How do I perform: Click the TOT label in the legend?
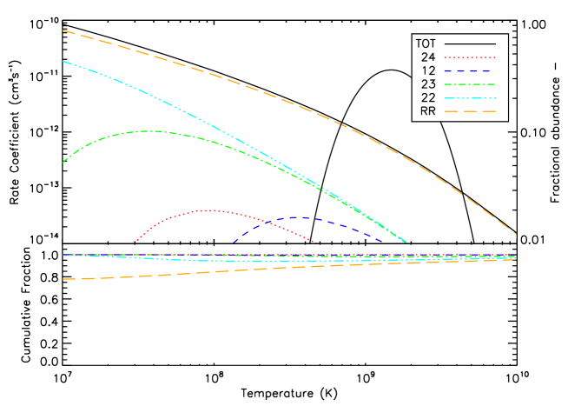(426, 43)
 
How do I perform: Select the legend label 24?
(427, 57)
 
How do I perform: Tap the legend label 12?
(427, 70)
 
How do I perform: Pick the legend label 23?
(427, 84)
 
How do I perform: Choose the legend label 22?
(427, 97)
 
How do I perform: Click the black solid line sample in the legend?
(469, 43)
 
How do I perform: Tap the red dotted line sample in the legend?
(469, 57)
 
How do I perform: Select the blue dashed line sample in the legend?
(469, 70)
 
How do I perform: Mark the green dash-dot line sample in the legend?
(469, 84)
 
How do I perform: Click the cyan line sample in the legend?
(469, 97)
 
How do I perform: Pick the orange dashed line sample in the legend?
(469, 111)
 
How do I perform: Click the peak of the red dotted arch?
(210, 210)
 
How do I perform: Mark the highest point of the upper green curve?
(155, 130)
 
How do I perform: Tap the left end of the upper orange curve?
(63, 30)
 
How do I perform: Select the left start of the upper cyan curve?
(63, 61)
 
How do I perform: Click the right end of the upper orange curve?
(516, 234)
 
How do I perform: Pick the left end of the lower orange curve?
(63, 279)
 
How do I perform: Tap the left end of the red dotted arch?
(137, 240)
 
